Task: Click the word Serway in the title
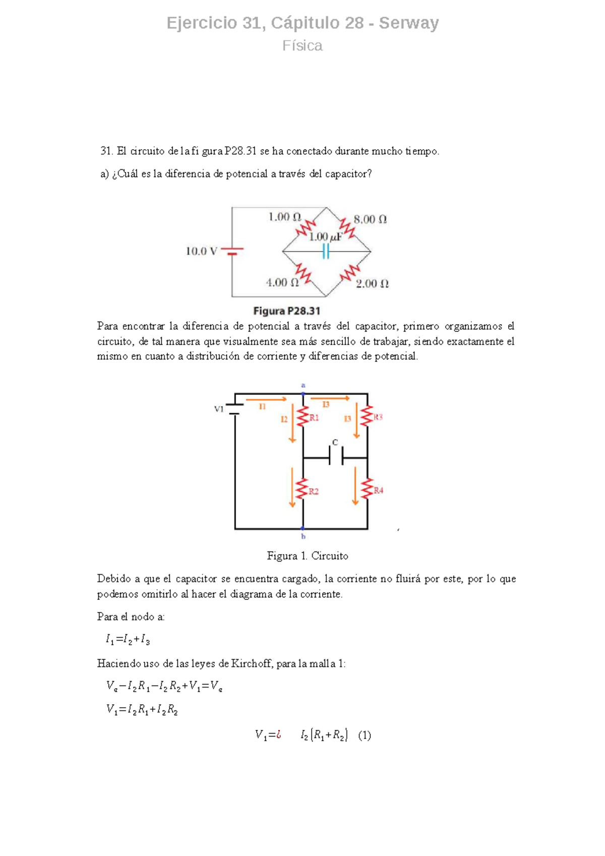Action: click(x=408, y=23)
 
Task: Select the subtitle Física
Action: click(x=302, y=46)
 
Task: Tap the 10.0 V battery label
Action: click(x=201, y=251)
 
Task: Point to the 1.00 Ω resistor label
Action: click(x=284, y=217)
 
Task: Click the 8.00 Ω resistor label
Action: click(x=370, y=220)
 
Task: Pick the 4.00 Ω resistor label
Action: click(x=282, y=283)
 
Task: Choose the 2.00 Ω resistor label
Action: click(x=372, y=284)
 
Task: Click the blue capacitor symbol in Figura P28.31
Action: click(x=326, y=251)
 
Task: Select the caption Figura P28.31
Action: click(x=286, y=311)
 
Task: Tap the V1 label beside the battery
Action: click(x=219, y=409)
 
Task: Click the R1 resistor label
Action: click(x=314, y=417)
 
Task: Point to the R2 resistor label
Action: click(x=314, y=492)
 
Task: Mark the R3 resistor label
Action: click(x=378, y=417)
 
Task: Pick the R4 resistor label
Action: click(x=379, y=491)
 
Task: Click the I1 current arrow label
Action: click(x=262, y=406)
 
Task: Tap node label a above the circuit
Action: click(x=303, y=385)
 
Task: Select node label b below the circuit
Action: click(x=303, y=536)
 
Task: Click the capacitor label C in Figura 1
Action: click(x=335, y=443)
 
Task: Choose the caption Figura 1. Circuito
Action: click(x=308, y=556)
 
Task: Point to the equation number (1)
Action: click(x=365, y=736)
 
